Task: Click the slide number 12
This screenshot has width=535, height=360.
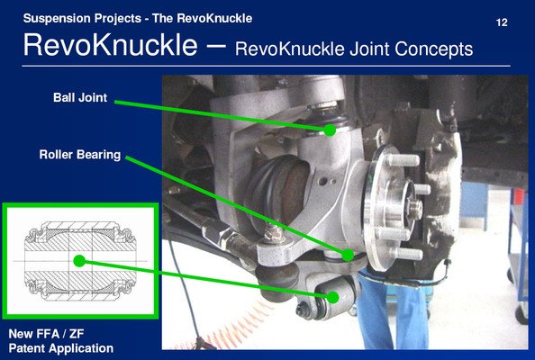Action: (x=502, y=22)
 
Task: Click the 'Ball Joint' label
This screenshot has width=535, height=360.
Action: (x=80, y=98)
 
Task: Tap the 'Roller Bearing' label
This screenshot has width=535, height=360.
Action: (x=80, y=155)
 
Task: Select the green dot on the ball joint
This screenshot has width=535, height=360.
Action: (x=330, y=130)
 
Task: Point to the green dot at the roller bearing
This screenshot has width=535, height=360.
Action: (x=348, y=255)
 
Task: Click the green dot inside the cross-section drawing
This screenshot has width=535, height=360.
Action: (x=79, y=261)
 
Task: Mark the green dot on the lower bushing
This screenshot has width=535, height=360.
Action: (x=332, y=297)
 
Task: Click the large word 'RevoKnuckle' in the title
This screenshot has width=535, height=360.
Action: (x=110, y=45)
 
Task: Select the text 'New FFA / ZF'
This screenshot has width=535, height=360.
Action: (x=46, y=333)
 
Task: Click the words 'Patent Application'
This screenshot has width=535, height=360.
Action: (x=61, y=348)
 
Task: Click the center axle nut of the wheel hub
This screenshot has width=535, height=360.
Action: (x=414, y=208)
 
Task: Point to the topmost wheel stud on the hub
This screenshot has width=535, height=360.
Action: (x=403, y=160)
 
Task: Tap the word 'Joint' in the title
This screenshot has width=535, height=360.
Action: (x=370, y=49)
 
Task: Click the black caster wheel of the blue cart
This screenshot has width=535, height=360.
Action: (x=521, y=313)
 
